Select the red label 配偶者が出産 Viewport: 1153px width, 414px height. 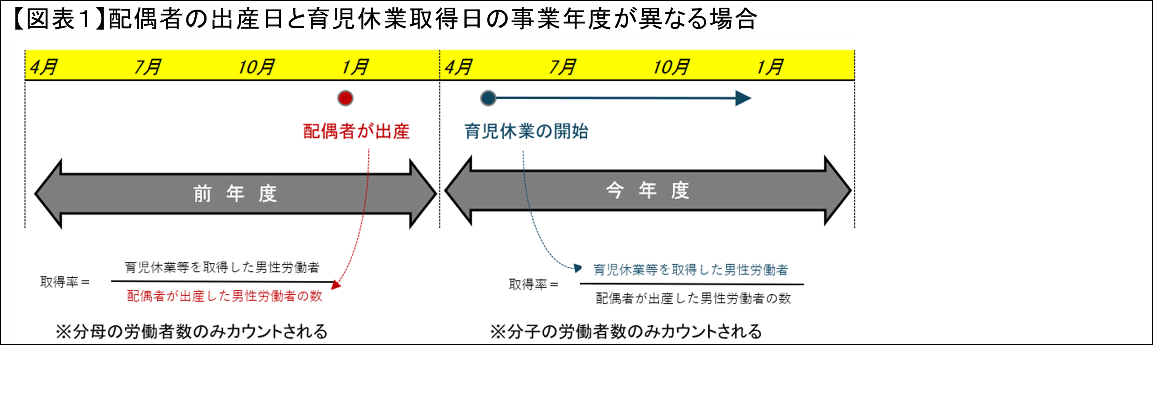[356, 131]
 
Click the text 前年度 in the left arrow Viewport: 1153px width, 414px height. [235, 194]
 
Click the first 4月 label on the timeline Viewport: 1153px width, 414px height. [43, 67]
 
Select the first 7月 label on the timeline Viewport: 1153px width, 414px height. [148, 67]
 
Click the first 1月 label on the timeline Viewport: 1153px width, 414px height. [355, 67]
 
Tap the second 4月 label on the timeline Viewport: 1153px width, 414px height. [458, 67]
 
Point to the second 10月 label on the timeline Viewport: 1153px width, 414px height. [671, 67]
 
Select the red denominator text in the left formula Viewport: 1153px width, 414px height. [225, 296]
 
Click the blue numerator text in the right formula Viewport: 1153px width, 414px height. [691, 270]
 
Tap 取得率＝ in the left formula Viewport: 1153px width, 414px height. [65, 282]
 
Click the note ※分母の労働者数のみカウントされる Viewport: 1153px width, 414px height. [192, 332]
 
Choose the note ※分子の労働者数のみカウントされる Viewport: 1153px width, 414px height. [626, 332]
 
